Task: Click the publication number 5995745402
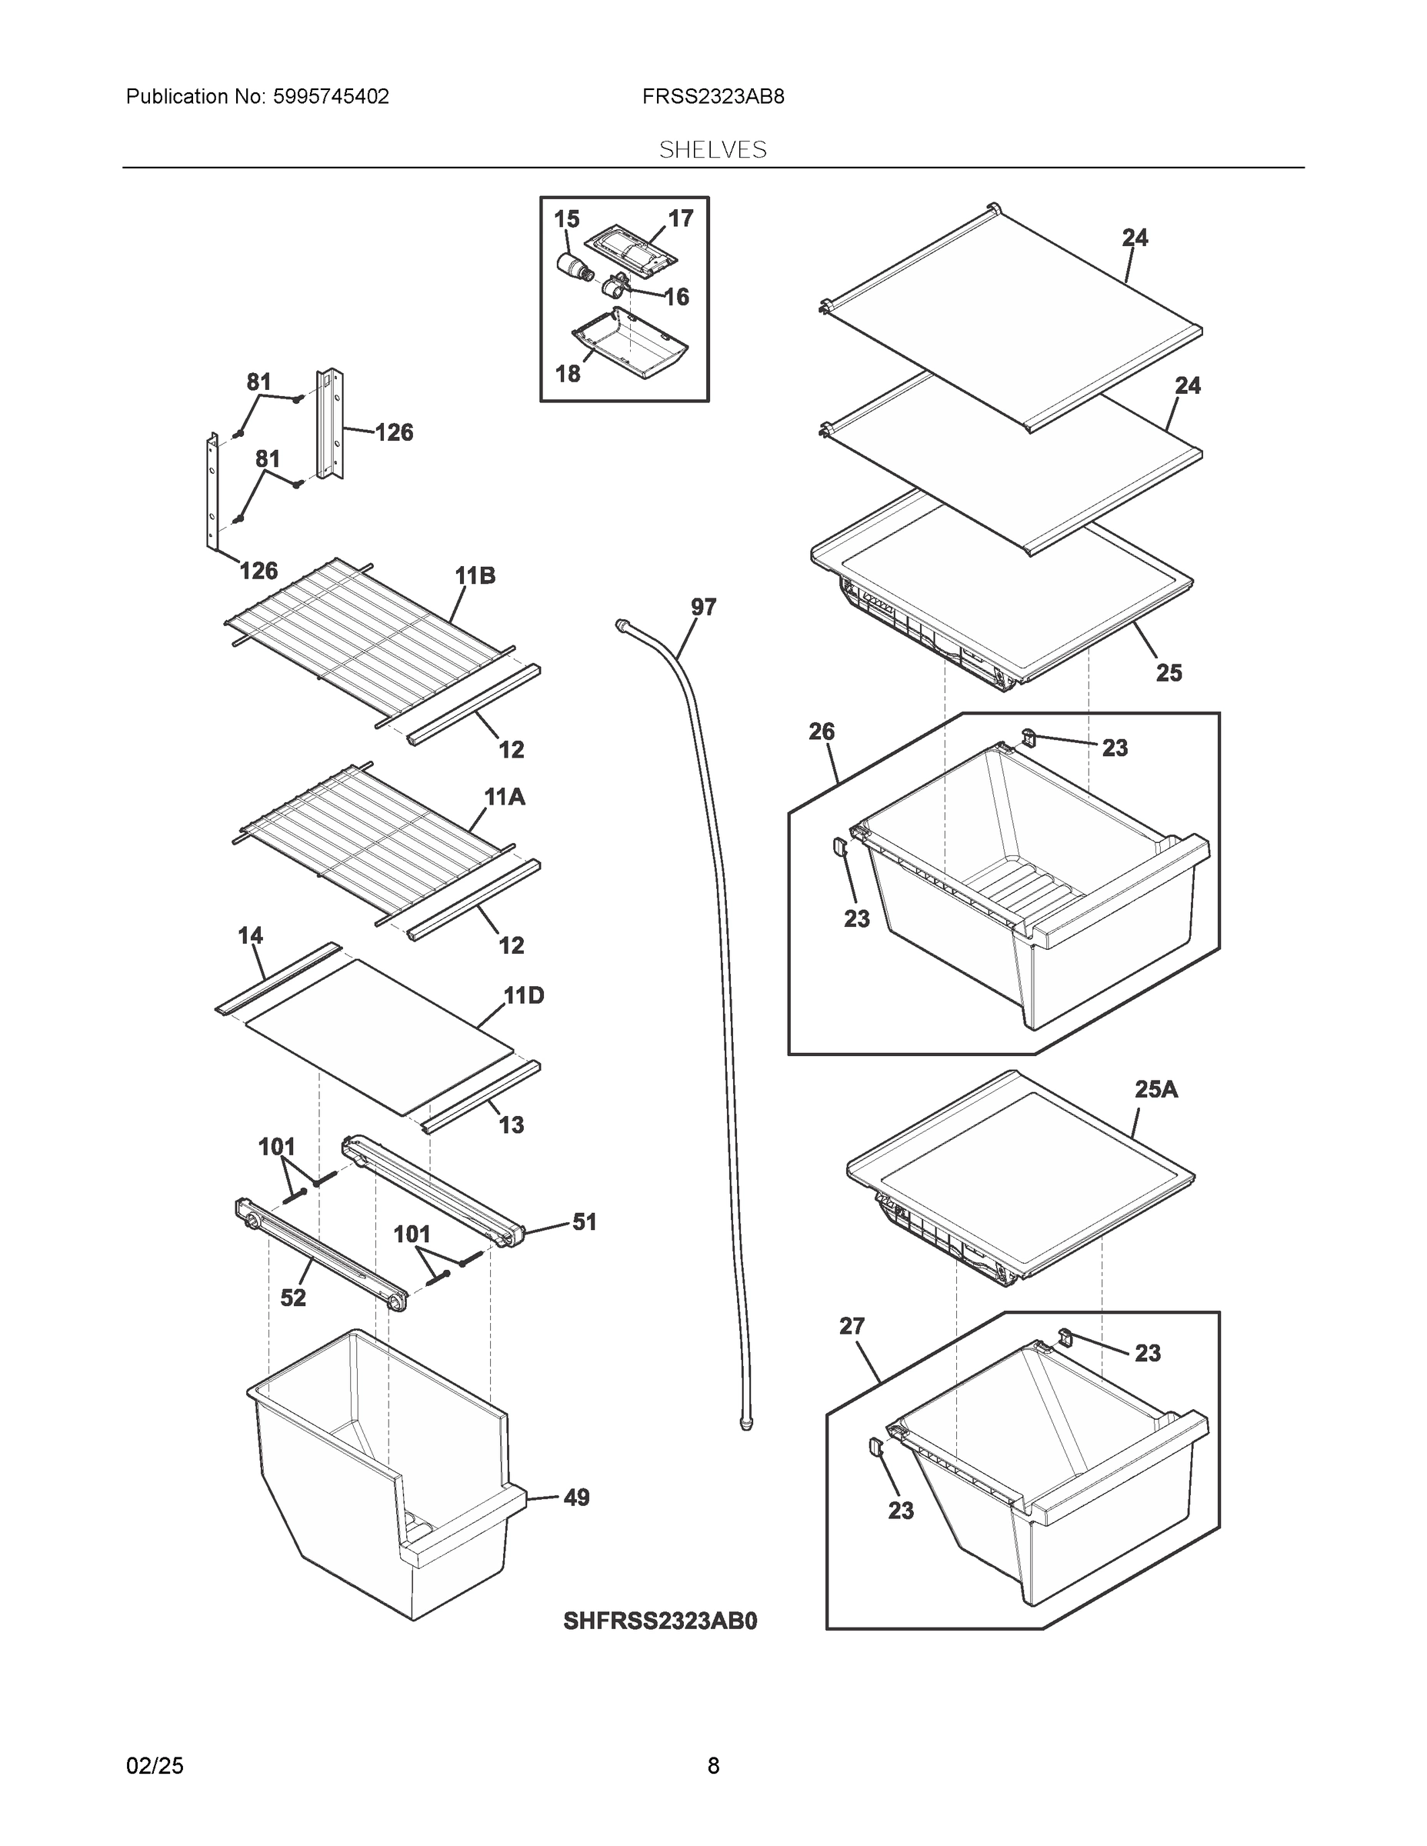331,96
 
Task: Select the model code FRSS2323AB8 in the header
712,96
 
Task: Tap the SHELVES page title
712,150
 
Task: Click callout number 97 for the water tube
703,607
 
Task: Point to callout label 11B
475,576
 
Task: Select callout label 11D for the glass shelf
524,996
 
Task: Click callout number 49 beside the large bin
575,1498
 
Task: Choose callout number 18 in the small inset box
568,373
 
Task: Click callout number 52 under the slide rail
292,1298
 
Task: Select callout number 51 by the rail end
584,1221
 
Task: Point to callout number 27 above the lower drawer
852,1326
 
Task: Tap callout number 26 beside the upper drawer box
821,731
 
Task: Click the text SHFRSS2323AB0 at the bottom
660,1621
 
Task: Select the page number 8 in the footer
712,1766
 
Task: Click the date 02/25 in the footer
155,1766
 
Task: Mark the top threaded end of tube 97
623,624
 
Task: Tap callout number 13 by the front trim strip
512,1125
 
